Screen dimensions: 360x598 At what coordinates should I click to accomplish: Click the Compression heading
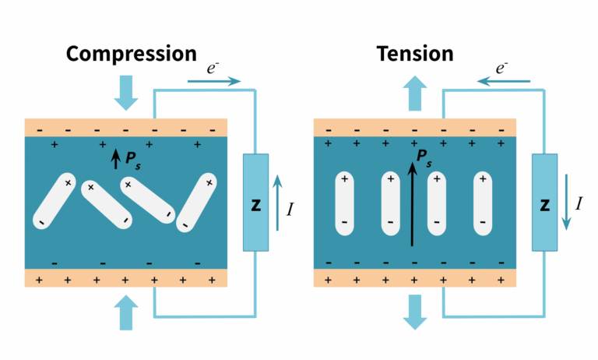click(x=131, y=54)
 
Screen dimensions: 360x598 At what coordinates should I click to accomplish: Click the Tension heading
click(x=415, y=54)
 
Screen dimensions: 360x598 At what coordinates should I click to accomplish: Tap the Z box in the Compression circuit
click(x=255, y=203)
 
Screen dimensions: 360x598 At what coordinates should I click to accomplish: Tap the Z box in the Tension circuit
click(x=544, y=203)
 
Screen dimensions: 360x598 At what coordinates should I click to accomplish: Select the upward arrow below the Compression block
click(x=125, y=312)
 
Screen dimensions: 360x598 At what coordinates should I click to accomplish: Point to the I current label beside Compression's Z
click(x=290, y=208)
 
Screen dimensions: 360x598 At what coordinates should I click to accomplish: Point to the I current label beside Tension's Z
click(x=578, y=205)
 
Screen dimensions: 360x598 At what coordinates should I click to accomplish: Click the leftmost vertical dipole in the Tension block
click(x=343, y=202)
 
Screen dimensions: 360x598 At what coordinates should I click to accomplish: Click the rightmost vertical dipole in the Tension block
click(x=483, y=202)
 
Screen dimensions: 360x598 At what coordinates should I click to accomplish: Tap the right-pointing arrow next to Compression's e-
click(x=215, y=80)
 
